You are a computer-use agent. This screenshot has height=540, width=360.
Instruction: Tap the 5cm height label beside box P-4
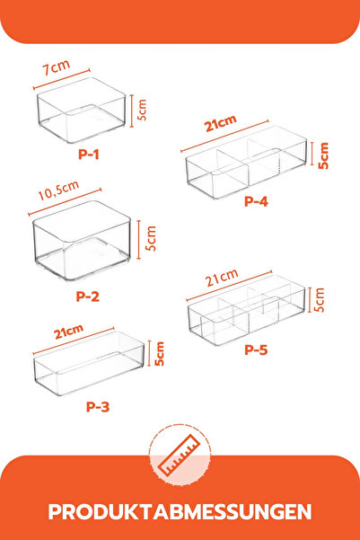(x=323, y=155)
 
